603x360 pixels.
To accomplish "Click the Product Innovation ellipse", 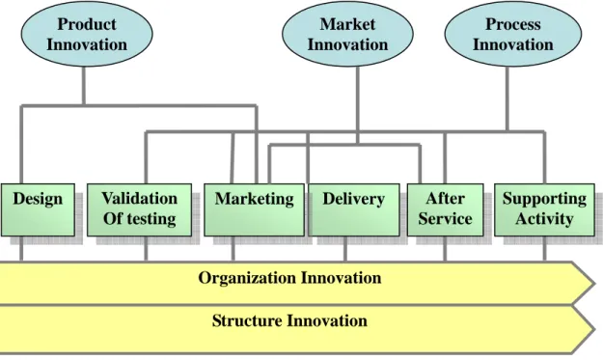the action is [87, 34].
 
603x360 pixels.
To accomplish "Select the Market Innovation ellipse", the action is [347, 34].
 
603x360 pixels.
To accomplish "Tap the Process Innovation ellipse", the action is [513, 34].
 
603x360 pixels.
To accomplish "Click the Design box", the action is [38, 209].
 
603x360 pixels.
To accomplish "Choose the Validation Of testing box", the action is [139, 209].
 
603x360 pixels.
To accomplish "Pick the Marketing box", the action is [254, 209].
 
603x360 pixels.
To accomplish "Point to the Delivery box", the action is [354, 209].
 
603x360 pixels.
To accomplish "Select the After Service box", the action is [446, 209].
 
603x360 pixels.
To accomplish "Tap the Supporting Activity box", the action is [544, 209].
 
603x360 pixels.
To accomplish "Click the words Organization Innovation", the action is [290, 278].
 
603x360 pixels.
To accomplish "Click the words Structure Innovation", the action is [289, 320].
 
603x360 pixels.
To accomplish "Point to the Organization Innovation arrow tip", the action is [594, 284].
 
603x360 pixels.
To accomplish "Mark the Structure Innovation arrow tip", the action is [594, 329].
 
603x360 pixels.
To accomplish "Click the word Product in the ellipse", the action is [87, 24].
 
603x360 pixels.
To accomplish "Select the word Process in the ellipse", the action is [513, 24].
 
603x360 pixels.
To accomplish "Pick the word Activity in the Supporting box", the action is [544, 219].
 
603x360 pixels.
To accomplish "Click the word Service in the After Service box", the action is [446, 219].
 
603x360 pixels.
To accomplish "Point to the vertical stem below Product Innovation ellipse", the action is [83, 86].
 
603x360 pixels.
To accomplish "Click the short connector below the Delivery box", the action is [345, 249].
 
